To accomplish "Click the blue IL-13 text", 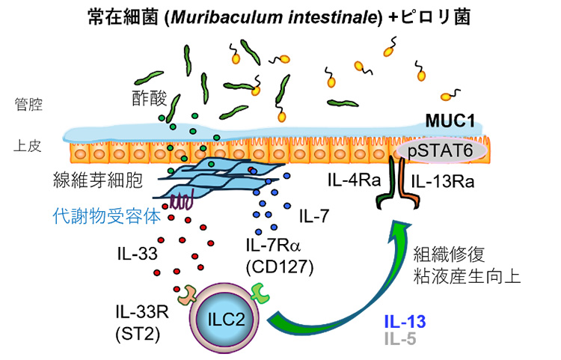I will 405,323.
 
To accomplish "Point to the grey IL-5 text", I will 400,339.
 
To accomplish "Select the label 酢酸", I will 147,100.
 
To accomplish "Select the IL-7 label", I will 315,217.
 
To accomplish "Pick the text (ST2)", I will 134,329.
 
